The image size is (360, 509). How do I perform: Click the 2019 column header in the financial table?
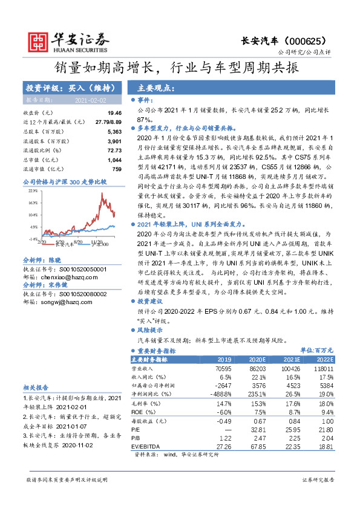pos(224,358)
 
